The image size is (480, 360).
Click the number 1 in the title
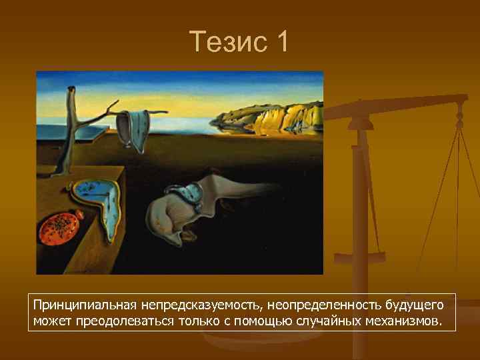[x=281, y=41]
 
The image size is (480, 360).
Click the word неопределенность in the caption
[x=323, y=305]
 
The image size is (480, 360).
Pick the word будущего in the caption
[x=414, y=305]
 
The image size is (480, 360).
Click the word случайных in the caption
[x=329, y=321]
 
